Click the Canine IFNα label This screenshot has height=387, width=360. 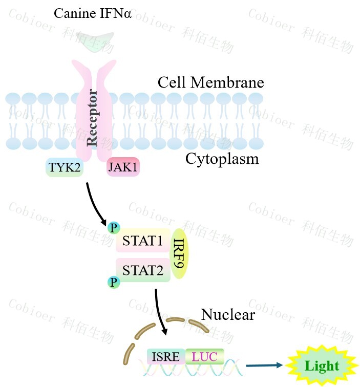coord(93,13)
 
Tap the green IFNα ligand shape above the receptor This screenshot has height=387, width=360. coord(93,41)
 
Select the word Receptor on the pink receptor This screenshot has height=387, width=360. coord(93,118)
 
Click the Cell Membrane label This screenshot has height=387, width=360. coord(210,82)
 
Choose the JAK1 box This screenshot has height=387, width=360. coord(123,167)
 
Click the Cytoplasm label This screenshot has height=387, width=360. coord(222,159)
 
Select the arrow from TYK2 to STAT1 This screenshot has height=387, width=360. coord(96,205)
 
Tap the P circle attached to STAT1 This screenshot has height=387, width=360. coord(113,227)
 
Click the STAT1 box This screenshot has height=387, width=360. coord(143,240)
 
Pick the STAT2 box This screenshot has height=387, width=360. coord(143,269)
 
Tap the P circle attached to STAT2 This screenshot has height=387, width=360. coord(114,282)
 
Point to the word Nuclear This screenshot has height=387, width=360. coord(227,314)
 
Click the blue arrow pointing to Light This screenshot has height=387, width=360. coord(264,365)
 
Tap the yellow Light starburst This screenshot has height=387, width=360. coord(321,366)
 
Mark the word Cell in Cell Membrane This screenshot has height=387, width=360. coord(170,82)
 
